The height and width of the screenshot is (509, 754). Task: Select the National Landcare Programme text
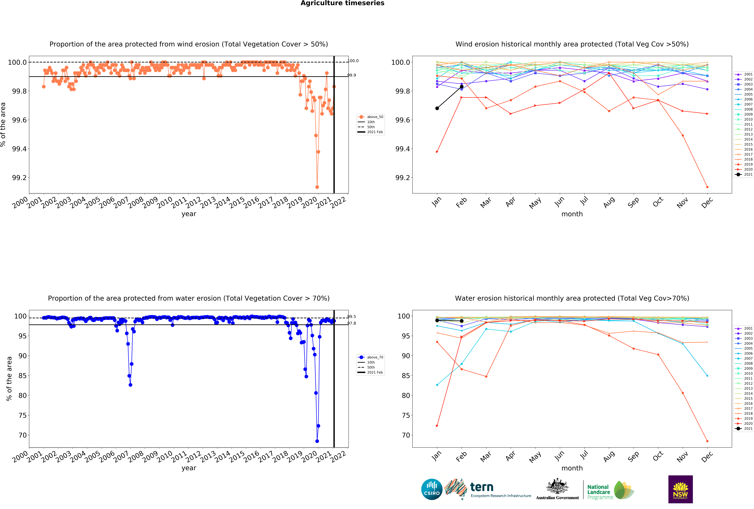[600, 492]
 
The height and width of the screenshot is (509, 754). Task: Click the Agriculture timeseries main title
[342, 3]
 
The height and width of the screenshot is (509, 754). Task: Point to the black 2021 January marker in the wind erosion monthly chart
[437, 108]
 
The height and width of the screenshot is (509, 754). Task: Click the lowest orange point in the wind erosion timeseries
[317, 187]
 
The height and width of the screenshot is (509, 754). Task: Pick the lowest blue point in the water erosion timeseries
[317, 441]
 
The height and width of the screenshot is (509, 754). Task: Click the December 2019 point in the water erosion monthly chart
[707, 441]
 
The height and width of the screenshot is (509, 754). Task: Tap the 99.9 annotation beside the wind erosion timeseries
[352, 75]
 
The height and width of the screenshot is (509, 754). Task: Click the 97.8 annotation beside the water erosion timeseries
[352, 323]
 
